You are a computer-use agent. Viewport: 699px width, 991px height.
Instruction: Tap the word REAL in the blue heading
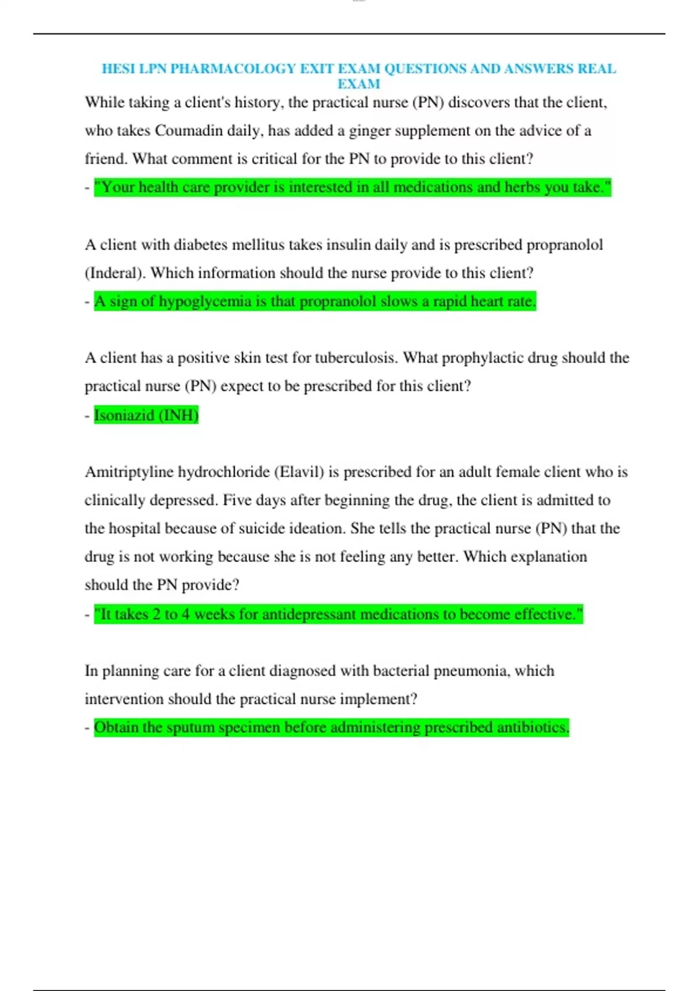596,69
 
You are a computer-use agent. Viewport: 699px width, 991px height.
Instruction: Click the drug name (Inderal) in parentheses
115,273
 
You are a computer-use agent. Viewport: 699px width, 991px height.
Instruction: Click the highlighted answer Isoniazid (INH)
146,415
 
